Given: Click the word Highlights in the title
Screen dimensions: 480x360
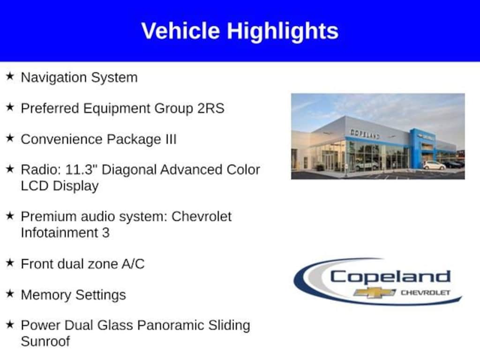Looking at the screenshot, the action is pyautogui.click(x=282, y=32).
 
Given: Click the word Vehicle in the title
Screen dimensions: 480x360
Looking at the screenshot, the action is pyautogui.click(x=180, y=31).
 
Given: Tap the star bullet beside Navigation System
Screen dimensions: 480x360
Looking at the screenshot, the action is pyautogui.click(x=10, y=76).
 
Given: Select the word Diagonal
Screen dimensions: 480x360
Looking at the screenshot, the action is pyautogui.click(x=128, y=170).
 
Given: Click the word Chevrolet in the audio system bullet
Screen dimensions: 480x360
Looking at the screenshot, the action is pyautogui.click(x=202, y=217).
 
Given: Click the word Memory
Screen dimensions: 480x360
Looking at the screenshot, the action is pyautogui.click(x=46, y=295).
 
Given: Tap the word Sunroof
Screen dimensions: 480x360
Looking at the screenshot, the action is pyautogui.click(x=45, y=341).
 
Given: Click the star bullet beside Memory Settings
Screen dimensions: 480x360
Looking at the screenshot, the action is pyautogui.click(x=10, y=293).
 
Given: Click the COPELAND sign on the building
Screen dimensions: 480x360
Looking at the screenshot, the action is pyautogui.click(x=365, y=134).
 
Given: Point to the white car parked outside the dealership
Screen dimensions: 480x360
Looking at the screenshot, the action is pyautogui.click(x=434, y=165).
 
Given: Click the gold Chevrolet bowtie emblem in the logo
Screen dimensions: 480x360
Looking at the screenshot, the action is pyautogui.click(x=374, y=293).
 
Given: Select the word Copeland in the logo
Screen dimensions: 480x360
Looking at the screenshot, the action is pyautogui.click(x=390, y=277).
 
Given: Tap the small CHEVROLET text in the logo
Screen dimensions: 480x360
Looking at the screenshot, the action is pyautogui.click(x=426, y=292).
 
